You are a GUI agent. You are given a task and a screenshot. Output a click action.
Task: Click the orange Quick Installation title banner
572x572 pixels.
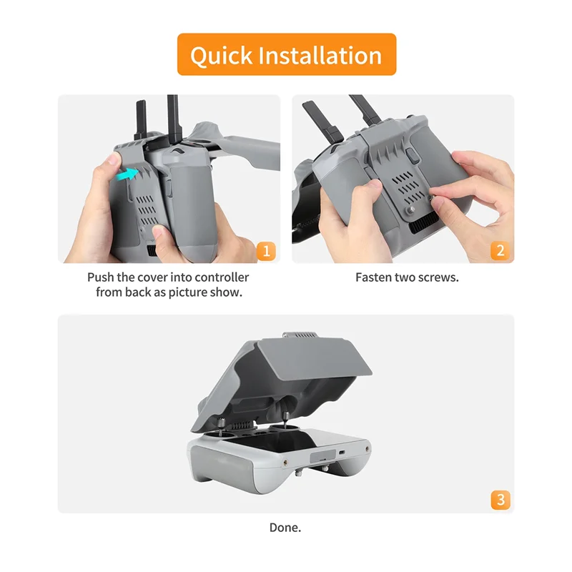[286, 54]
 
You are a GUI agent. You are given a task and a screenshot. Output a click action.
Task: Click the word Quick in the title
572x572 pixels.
[220, 54]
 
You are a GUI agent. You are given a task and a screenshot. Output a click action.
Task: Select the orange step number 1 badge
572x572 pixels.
[266, 251]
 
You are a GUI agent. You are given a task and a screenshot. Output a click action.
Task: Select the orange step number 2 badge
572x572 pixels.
[500, 251]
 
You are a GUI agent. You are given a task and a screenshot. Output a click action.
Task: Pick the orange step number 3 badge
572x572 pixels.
[500, 500]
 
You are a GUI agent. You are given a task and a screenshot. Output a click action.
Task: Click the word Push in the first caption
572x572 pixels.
[101, 277]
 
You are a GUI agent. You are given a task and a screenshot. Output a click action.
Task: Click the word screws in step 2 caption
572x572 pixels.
[440, 277]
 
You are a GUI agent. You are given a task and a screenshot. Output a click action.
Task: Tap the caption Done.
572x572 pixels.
[285, 528]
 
